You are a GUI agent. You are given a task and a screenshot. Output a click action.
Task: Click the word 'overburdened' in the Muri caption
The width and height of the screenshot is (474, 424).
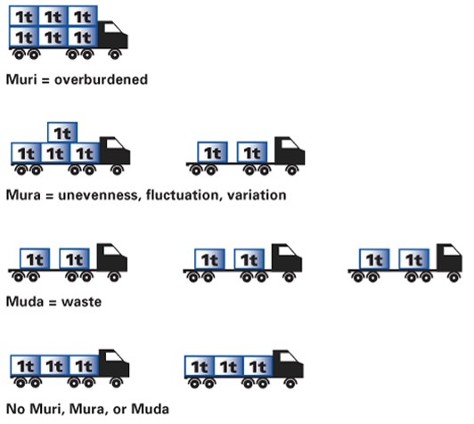(x=101, y=79)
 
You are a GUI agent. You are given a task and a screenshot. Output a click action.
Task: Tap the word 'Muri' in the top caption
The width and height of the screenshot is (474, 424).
(x=21, y=79)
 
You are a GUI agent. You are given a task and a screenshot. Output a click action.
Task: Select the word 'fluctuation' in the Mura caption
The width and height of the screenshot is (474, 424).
(x=182, y=195)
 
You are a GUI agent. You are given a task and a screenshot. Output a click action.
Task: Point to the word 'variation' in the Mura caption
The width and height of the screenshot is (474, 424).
(x=257, y=195)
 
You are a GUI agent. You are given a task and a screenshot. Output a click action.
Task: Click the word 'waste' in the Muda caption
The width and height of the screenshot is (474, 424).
(x=81, y=302)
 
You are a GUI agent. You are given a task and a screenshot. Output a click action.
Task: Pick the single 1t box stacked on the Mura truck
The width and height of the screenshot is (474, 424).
(x=62, y=133)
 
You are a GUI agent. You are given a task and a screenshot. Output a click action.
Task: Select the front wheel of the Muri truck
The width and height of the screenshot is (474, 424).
(x=115, y=54)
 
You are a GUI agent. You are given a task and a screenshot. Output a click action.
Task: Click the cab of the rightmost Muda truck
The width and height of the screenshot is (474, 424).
(x=450, y=257)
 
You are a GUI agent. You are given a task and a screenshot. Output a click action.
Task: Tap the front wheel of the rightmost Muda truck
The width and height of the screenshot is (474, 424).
(x=454, y=277)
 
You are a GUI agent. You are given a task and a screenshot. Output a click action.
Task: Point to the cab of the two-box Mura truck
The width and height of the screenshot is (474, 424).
(x=290, y=151)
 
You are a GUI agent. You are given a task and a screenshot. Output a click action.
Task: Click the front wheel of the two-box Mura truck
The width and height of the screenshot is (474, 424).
(x=292, y=170)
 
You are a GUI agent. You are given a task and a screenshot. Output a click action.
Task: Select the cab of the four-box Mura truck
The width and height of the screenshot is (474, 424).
(x=115, y=151)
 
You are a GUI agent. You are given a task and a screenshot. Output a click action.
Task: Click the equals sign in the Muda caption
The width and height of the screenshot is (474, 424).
(x=53, y=303)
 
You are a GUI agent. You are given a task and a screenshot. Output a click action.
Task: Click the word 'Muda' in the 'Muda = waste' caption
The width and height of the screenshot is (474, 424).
(x=25, y=302)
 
